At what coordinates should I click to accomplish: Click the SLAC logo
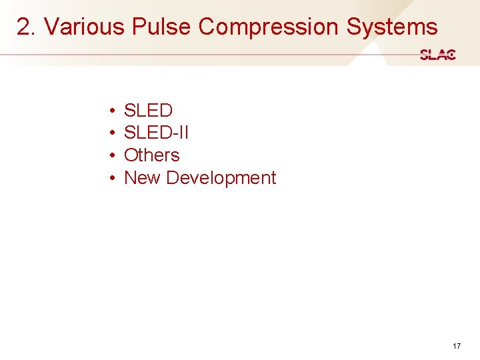[438, 55]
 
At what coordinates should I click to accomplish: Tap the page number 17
[457, 346]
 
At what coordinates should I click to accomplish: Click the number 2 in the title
[24, 27]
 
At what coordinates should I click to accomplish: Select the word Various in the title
[84, 27]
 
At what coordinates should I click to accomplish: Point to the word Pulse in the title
[162, 27]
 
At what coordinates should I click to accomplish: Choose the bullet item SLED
[148, 111]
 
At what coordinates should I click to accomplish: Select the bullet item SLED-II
[156, 133]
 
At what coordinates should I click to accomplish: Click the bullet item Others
[152, 155]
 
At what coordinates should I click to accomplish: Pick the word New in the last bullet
[142, 178]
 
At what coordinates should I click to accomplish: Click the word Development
[221, 178]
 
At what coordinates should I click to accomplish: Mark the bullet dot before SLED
[114, 111]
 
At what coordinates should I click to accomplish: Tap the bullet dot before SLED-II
[114, 133]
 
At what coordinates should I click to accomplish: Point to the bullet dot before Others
[114, 155]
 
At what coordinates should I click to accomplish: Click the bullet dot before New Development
[114, 178]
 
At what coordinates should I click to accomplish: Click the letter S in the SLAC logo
[425, 55]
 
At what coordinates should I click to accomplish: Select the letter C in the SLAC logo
[451, 55]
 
